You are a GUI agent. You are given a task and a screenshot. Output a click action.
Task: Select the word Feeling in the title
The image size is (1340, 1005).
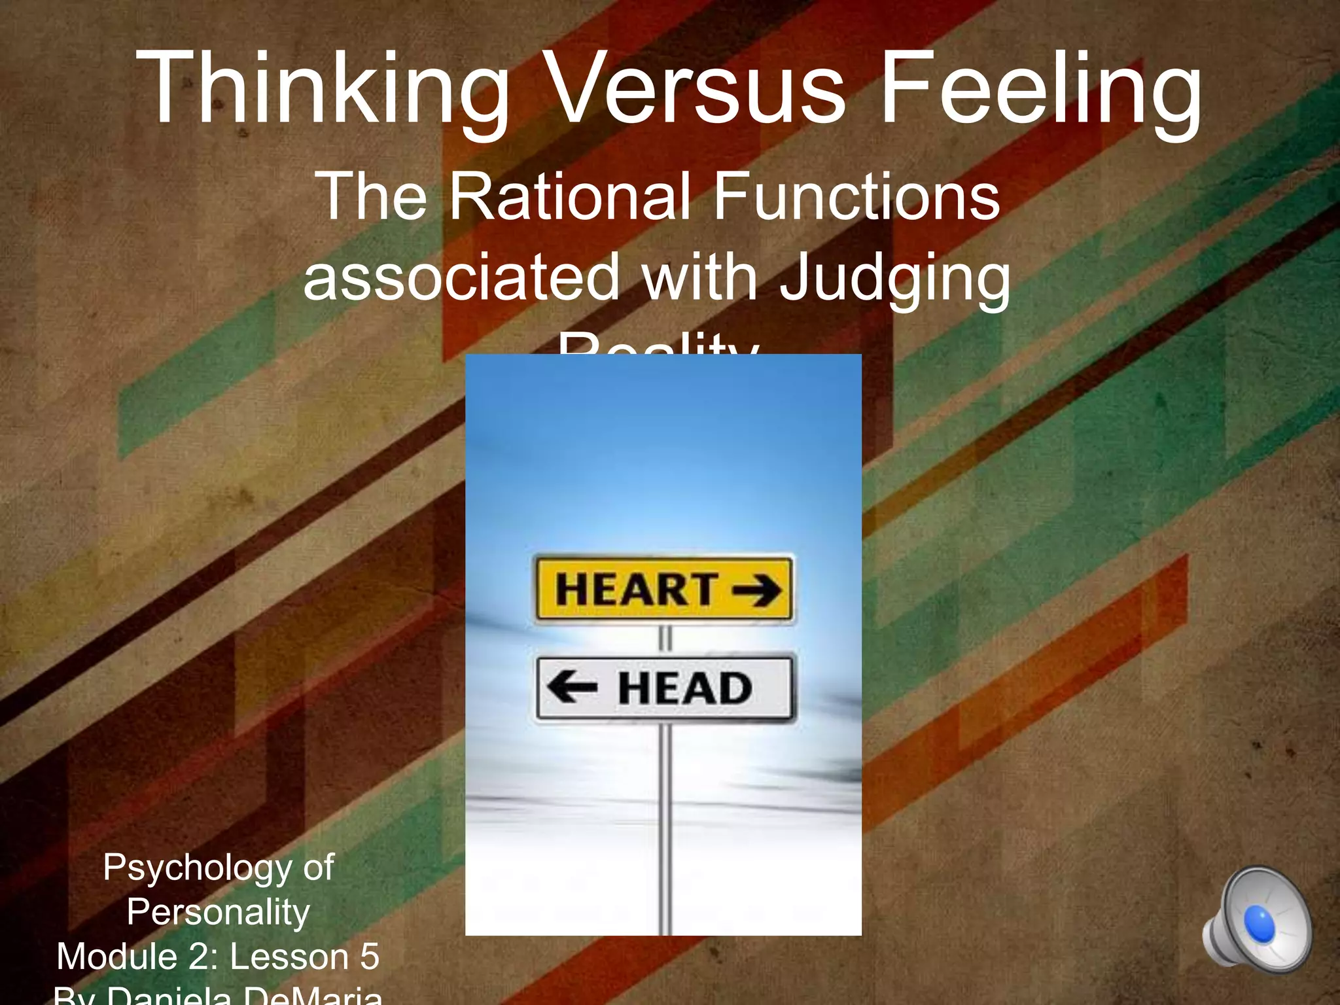(x=1040, y=88)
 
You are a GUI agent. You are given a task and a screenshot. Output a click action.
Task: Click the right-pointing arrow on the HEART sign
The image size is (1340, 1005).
(x=756, y=589)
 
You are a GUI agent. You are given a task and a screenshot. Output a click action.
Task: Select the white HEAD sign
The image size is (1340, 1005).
(x=663, y=688)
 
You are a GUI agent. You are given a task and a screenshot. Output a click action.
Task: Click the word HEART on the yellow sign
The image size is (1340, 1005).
(x=635, y=589)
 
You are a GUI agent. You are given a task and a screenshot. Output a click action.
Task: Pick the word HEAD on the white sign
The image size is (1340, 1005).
(x=684, y=688)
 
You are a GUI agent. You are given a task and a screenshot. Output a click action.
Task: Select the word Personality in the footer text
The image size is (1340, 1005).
(x=218, y=911)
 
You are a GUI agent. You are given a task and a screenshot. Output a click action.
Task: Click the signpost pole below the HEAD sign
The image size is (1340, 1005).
(x=665, y=824)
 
